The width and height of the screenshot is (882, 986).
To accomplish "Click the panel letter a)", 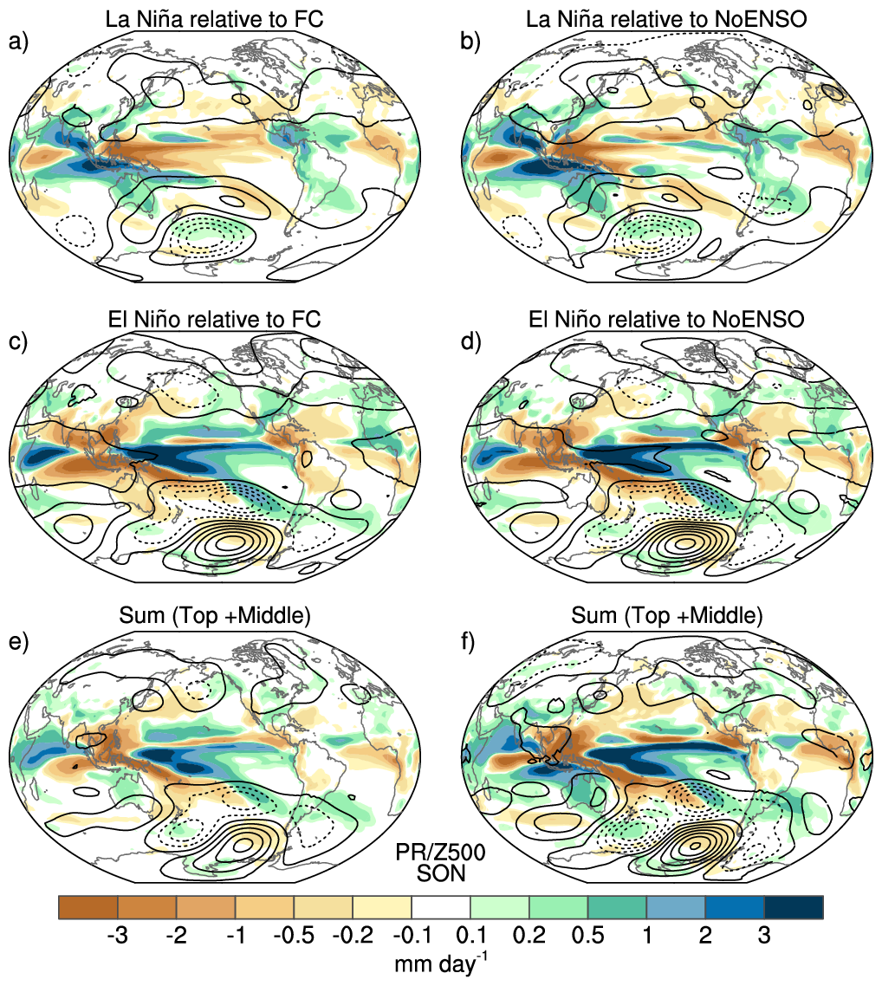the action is click(x=18, y=42).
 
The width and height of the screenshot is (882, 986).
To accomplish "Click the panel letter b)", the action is click(x=470, y=42).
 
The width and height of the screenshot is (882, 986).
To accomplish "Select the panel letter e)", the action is click(x=18, y=642).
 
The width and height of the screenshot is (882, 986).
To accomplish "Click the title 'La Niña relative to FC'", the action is click(x=214, y=19).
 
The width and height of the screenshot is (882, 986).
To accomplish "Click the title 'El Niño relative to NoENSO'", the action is click(x=666, y=319).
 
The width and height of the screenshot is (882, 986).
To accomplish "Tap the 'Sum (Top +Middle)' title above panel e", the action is click(x=214, y=615).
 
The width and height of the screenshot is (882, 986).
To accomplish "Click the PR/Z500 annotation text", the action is click(x=440, y=852).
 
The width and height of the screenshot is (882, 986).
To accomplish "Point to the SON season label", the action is click(x=441, y=873).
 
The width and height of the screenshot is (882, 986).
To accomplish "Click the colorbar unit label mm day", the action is click(x=441, y=963).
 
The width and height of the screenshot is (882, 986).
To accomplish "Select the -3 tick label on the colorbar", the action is click(x=118, y=936).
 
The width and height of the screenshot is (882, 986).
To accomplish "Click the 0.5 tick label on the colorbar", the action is click(x=587, y=936).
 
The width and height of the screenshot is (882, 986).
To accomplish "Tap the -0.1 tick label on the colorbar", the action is click(x=412, y=936).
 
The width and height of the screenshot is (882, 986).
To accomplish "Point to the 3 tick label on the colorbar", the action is click(x=764, y=936).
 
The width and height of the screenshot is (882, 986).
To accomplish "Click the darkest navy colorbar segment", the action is click(x=794, y=907).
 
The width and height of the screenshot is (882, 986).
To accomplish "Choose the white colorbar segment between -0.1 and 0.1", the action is click(x=441, y=907).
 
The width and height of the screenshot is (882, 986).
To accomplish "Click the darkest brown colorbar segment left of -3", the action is click(x=88, y=907).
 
